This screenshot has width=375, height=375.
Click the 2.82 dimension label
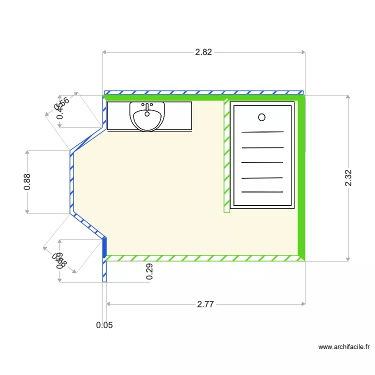(203, 52)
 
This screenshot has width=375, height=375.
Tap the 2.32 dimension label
(348, 178)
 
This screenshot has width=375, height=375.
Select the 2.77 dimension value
(206, 303)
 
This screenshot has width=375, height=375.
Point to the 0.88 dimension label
(27, 181)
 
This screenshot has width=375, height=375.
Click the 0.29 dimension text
(149, 271)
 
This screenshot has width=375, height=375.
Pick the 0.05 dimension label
(104, 325)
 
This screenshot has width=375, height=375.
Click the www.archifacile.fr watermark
(344, 346)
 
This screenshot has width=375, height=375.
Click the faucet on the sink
(147, 106)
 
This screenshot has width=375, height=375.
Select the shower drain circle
(261, 117)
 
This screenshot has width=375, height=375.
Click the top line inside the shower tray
(262, 132)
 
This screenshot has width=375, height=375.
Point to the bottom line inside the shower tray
(262, 191)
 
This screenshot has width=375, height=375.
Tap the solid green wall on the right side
(301, 200)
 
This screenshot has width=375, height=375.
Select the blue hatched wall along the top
(203, 92)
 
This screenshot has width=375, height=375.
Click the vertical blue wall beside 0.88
(72, 182)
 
